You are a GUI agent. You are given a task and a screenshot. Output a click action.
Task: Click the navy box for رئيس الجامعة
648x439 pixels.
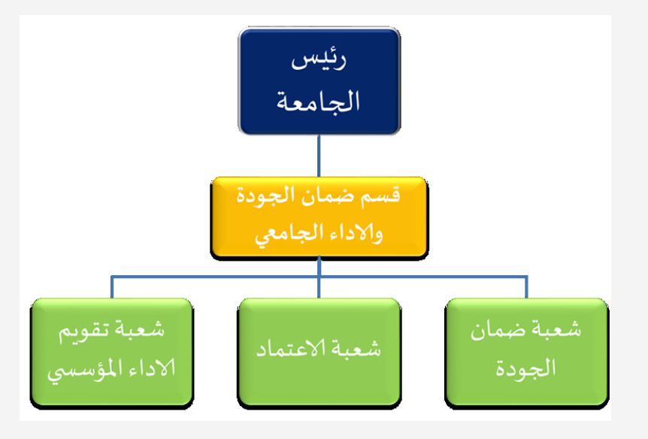click(318, 80)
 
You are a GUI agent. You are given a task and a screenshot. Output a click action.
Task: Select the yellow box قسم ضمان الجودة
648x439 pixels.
click(319, 217)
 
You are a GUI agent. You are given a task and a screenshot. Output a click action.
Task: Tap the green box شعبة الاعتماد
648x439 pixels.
click(319, 351)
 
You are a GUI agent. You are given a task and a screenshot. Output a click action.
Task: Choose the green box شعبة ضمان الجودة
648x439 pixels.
click(526, 351)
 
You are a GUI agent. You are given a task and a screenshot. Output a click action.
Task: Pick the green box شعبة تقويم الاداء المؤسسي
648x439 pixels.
click(112, 351)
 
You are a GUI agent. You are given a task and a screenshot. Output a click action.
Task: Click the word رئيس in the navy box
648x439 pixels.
click(319, 62)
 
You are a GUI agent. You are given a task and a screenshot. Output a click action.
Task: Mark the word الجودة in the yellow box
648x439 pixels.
click(262, 198)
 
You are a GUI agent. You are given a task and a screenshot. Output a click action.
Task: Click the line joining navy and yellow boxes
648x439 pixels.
click(319, 156)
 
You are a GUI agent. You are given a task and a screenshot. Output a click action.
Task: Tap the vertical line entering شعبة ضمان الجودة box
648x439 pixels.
click(526, 287)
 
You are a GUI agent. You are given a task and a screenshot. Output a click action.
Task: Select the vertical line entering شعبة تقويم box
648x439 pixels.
click(112, 287)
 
